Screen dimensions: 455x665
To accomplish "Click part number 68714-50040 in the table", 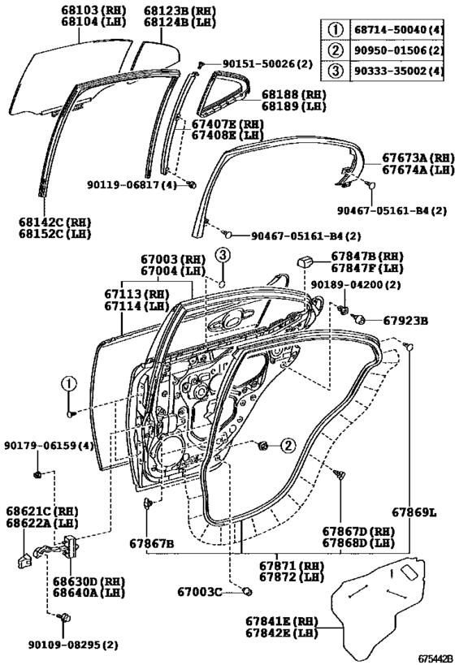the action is point(390,30).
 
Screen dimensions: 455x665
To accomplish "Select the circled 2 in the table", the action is point(336,50).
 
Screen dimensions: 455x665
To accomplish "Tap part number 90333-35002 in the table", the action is point(390,71).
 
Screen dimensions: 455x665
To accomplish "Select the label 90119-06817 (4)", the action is point(132,185).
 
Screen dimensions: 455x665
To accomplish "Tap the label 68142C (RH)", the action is point(54,222).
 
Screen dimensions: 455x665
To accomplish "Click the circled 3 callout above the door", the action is point(223,255).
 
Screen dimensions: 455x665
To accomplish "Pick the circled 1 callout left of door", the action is point(69,384).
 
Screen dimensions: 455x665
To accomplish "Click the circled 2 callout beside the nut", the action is point(288,445).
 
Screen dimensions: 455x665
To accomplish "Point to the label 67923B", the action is point(405,321).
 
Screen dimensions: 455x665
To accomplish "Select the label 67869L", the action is point(414,512).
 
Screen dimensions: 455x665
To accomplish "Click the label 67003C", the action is point(200,592).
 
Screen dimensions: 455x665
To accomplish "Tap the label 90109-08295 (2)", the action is point(73,645).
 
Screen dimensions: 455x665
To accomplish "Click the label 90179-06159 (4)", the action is point(50,446).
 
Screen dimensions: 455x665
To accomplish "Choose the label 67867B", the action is point(151,543).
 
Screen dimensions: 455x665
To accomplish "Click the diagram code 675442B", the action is point(435,659).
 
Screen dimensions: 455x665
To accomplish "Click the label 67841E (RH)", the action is point(281,621).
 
